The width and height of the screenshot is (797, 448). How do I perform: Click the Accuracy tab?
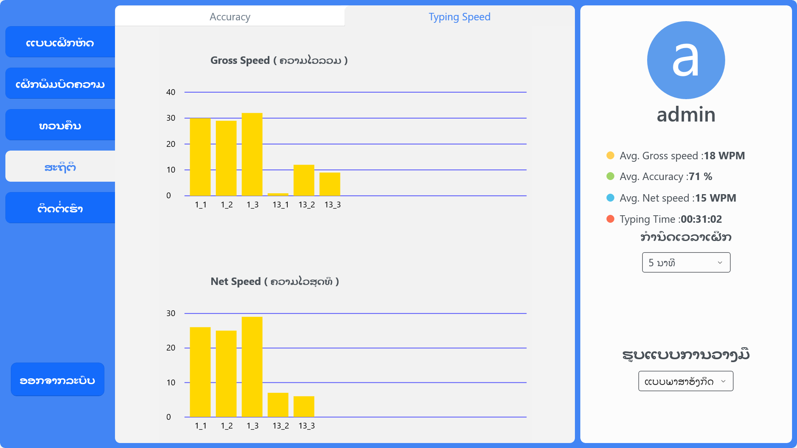pos(230,17)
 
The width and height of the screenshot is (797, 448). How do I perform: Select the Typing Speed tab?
pos(459,17)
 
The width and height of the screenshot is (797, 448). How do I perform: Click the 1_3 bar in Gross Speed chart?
pos(252,154)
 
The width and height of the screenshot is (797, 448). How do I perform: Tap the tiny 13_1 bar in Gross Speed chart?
pos(278,194)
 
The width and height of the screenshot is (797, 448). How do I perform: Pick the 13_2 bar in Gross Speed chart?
pos(304,180)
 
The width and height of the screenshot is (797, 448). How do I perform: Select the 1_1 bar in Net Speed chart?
pos(200,372)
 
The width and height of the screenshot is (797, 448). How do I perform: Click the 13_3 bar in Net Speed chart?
pos(304,407)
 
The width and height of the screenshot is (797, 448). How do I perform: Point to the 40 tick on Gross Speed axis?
pos(171,92)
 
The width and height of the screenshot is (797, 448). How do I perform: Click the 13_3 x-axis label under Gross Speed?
pos(332,205)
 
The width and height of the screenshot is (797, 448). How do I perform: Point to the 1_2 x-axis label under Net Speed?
pos(227,426)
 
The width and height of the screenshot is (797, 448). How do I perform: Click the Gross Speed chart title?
pos(279,61)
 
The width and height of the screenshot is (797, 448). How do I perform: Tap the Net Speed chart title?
pos(274,282)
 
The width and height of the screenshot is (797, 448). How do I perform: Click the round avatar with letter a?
pos(686,60)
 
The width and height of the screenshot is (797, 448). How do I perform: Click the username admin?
pos(686,114)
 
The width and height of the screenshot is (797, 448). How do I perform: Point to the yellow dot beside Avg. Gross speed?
pos(610,156)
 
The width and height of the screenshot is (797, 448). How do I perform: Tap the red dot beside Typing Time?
pos(610,219)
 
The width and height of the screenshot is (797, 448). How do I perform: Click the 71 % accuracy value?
pos(700,177)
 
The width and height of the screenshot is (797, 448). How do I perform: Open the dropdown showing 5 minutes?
pos(686,263)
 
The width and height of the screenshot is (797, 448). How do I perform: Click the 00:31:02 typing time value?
pos(701,219)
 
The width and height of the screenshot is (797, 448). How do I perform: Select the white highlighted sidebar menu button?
pos(60,166)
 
